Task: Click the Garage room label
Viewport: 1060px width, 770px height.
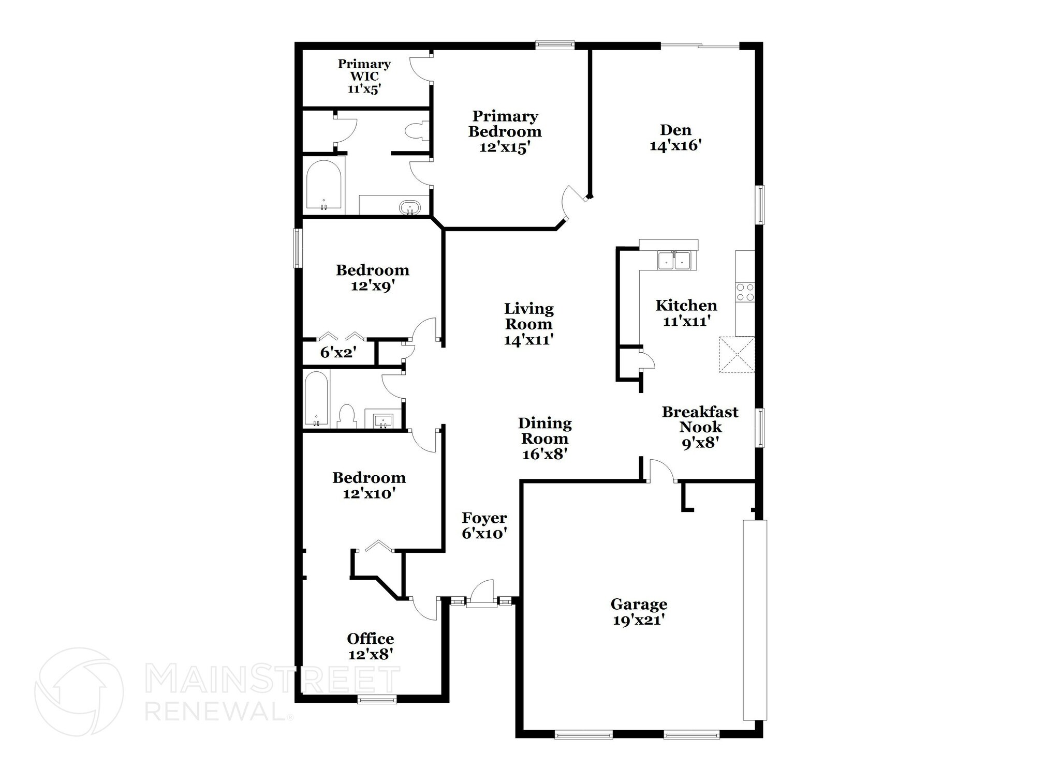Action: [639, 611]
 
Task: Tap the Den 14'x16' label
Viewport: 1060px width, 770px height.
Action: [675, 138]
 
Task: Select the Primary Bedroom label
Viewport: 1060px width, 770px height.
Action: [505, 131]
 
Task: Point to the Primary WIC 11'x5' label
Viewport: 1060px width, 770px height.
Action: [364, 76]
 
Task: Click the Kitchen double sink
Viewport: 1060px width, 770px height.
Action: [674, 260]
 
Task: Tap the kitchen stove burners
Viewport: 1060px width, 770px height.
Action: [745, 292]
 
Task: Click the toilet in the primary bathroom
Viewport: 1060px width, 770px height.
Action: [416, 131]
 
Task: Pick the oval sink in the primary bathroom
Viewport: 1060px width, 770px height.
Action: [409, 208]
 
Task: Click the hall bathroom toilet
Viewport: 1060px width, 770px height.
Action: [347, 416]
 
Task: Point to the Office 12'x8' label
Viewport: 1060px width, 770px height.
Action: [370, 646]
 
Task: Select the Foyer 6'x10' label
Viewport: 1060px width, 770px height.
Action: [484, 525]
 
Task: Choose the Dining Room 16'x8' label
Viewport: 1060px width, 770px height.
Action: [544, 438]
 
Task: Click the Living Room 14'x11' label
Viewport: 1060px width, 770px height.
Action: [528, 324]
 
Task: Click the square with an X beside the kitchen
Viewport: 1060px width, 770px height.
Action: [737, 354]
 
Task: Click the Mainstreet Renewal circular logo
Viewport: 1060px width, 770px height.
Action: [79, 691]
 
